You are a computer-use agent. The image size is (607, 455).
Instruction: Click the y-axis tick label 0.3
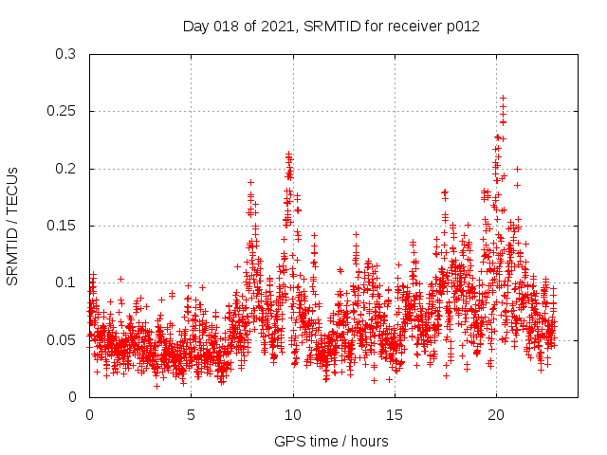tap(66, 55)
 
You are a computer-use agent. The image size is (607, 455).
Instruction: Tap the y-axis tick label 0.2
tap(66, 169)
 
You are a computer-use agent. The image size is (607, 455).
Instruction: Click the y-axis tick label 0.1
tap(66, 282)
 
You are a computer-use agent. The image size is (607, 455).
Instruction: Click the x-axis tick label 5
tap(191, 414)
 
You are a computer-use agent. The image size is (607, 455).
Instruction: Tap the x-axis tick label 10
tap(293, 414)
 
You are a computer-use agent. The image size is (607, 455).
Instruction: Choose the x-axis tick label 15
tap(395, 414)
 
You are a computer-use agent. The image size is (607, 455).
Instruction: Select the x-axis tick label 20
tap(496, 414)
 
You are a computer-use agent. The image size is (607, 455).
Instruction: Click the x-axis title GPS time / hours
tap(331, 441)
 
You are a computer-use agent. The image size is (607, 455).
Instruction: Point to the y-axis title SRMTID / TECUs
tap(13, 226)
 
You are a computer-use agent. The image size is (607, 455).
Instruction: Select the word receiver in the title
tap(412, 27)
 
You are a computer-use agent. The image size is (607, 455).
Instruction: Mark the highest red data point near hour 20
tap(503, 98)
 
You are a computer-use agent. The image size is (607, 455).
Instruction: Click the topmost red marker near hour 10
tap(288, 154)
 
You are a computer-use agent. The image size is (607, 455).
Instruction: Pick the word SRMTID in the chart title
tap(329, 27)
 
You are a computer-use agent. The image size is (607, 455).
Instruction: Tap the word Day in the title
tap(196, 27)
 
